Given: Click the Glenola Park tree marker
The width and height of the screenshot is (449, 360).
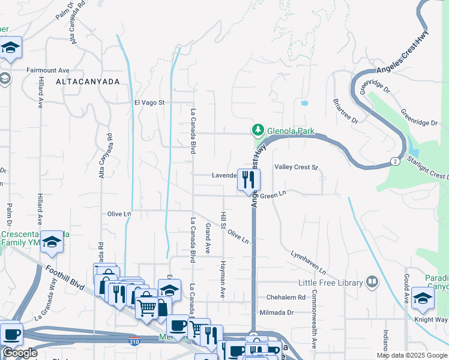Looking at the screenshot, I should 258,130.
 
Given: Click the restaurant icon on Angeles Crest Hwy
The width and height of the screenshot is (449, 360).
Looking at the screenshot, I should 249,179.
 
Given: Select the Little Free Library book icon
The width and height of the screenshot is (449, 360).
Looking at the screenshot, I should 372,282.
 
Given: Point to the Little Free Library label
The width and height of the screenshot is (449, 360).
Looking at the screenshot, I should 331,283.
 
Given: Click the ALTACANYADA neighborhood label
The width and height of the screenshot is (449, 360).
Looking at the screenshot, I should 88,81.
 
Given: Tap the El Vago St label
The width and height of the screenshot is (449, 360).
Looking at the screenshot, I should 149,103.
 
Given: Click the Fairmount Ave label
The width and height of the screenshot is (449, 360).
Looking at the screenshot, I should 48,70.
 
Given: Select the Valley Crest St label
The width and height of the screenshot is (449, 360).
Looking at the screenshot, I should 295,167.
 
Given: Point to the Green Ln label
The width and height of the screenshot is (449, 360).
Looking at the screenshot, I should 274,194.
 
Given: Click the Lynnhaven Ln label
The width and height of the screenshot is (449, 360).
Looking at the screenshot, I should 309,262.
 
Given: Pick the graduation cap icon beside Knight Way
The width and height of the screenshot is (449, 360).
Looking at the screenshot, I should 423,299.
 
